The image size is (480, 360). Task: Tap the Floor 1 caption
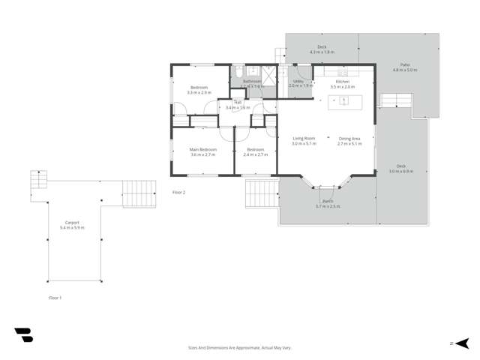(x=55, y=298)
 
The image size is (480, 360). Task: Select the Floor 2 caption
(x=178, y=193)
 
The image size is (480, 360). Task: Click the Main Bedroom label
(x=203, y=150)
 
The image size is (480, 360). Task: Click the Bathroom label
(x=252, y=81)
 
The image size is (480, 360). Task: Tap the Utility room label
(x=298, y=81)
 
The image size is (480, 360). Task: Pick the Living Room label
(x=304, y=138)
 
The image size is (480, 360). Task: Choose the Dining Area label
(x=349, y=138)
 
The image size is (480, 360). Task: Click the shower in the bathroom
(x=268, y=73)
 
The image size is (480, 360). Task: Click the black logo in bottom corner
(x=23, y=335)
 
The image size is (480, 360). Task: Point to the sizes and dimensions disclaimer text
(x=239, y=348)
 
